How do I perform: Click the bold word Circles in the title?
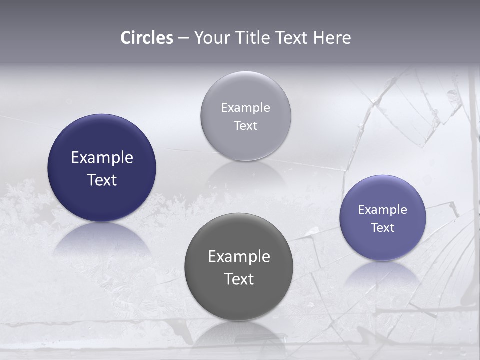147,38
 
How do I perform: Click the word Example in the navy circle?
102,158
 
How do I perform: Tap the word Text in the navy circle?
102,180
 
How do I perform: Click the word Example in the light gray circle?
245,108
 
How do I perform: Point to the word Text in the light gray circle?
245,126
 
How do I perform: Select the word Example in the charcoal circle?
239,257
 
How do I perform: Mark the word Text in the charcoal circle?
239,279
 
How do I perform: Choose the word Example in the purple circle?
383,210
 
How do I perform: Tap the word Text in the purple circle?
383,228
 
